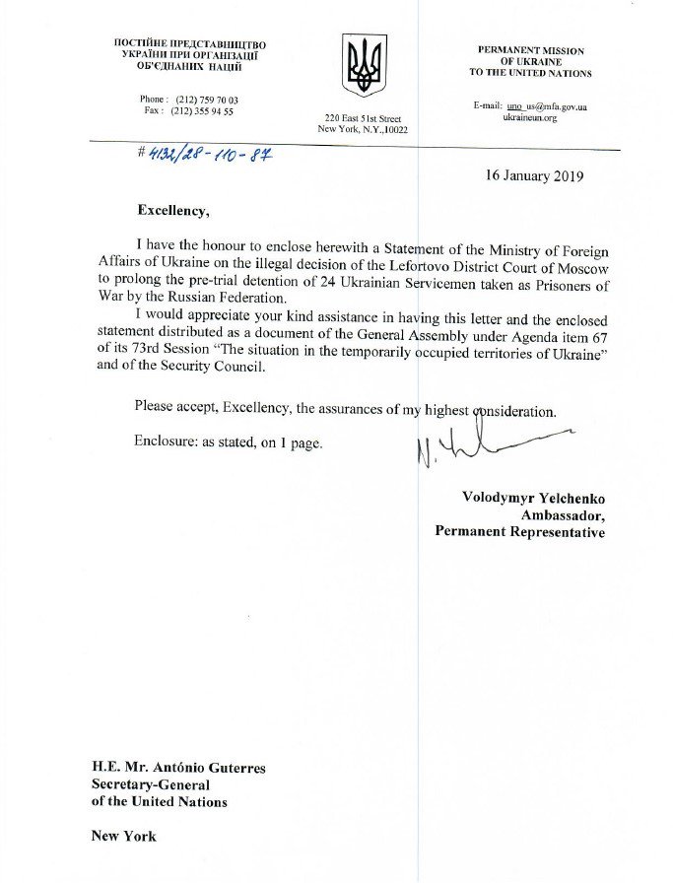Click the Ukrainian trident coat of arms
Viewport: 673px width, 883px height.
point(365,65)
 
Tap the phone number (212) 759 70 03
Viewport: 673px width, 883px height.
point(206,100)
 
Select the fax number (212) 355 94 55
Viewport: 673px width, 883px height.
point(202,111)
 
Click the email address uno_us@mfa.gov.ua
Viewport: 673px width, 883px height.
point(545,106)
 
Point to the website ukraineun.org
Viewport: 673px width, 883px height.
point(530,118)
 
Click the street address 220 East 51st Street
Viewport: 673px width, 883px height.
point(363,118)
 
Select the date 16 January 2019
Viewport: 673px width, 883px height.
point(534,177)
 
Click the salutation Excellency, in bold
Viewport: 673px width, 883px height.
point(172,210)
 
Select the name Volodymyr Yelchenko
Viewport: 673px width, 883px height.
point(534,497)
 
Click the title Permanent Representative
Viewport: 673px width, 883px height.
point(520,532)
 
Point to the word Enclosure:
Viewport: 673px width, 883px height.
point(167,442)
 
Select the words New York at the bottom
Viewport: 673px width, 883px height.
point(123,836)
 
